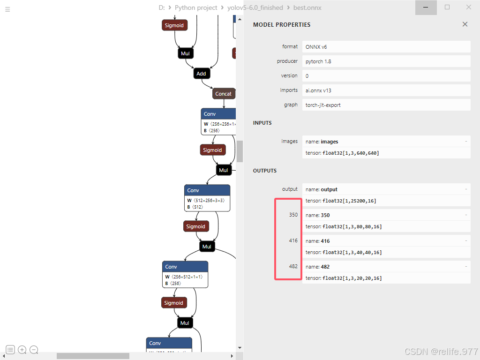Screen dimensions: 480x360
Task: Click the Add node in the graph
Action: point(201,74)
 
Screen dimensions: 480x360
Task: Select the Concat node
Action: point(223,94)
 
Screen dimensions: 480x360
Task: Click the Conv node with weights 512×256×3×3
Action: point(207,191)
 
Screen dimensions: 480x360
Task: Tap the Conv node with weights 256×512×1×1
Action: point(185,267)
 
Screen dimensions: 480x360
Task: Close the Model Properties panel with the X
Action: point(465,24)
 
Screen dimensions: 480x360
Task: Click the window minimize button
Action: point(426,7)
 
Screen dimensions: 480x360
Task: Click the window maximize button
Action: point(447,7)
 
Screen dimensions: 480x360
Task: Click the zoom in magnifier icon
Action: point(22,350)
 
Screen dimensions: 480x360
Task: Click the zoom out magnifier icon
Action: point(34,350)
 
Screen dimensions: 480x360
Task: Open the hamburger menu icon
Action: point(7,9)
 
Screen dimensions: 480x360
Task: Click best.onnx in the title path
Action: point(307,7)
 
